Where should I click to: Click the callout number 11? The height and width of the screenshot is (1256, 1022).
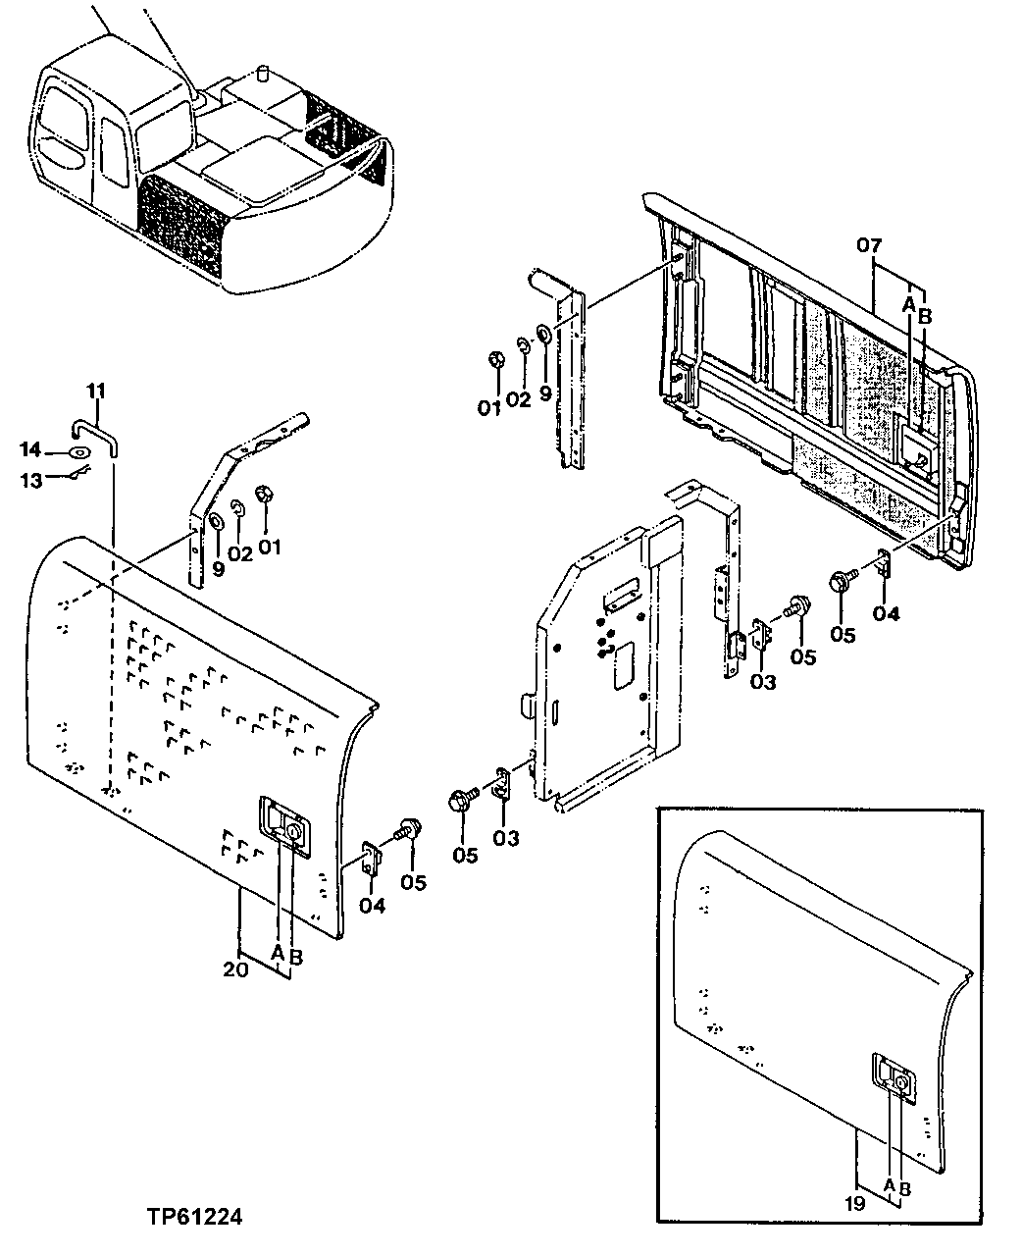[94, 392]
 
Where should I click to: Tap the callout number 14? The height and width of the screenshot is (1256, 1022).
[31, 449]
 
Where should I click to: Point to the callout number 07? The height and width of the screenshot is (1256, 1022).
[869, 245]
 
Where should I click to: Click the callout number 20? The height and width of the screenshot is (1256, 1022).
[234, 968]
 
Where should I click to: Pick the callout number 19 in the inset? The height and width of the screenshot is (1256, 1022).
[854, 1203]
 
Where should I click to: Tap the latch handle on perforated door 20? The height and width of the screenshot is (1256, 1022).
[281, 822]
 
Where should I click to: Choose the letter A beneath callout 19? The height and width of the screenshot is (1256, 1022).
[888, 1186]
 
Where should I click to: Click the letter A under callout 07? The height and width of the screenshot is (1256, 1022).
[908, 305]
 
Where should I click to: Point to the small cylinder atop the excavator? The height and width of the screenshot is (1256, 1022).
[262, 75]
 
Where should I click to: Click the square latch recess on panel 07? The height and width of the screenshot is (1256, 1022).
[919, 446]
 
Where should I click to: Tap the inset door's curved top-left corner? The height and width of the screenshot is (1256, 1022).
[698, 852]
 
